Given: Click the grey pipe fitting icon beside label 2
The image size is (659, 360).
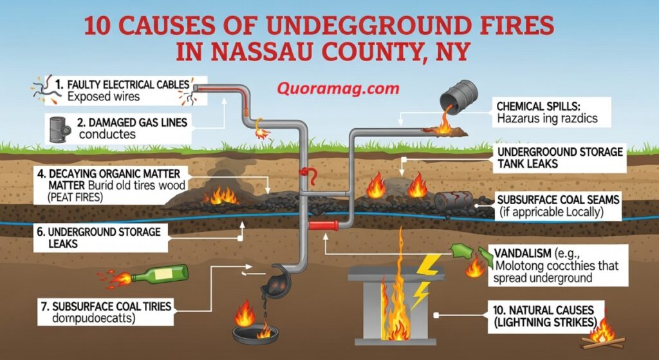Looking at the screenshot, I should [58, 128].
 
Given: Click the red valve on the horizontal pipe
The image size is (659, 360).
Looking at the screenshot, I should [324, 225].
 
